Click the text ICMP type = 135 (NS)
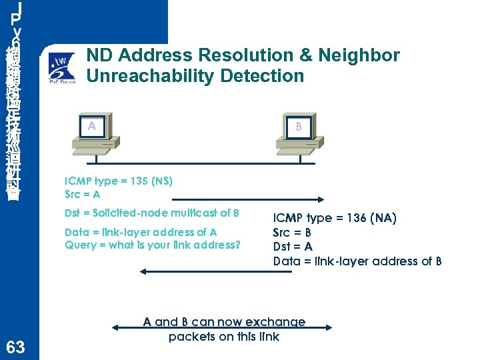click(119, 181)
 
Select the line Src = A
click(82, 195)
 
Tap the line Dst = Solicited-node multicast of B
click(152, 213)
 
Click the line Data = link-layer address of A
click(141, 232)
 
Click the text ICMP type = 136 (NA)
click(335, 218)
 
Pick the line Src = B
click(292, 233)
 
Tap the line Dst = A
click(292, 247)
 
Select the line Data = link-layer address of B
click(357, 261)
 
